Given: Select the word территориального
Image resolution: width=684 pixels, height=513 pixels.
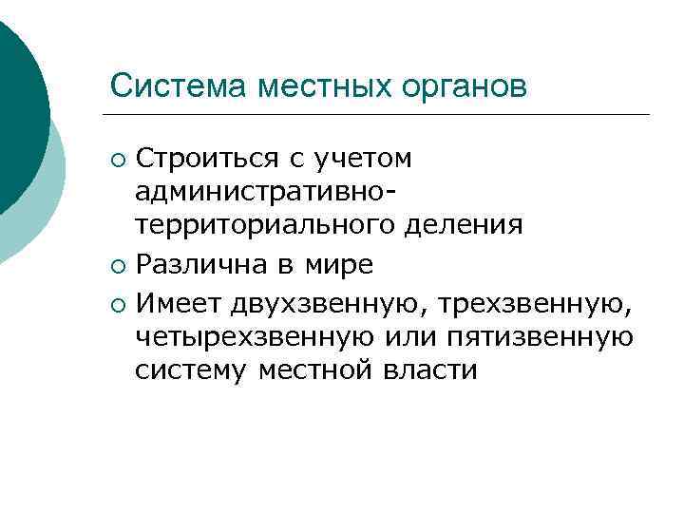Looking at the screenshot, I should tap(263, 225).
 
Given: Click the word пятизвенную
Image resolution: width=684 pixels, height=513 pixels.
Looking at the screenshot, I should tap(526, 335).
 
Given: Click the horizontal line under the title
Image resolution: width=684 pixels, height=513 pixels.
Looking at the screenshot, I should tap(380, 114).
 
